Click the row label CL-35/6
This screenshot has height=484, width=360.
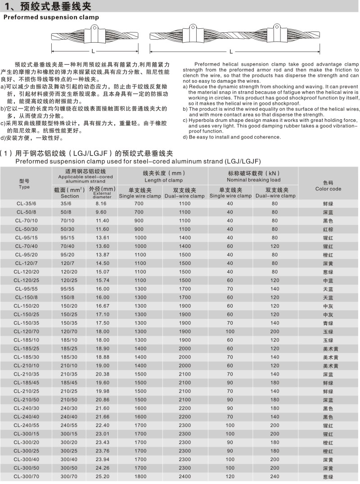24,204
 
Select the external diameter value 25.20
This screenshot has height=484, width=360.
103,476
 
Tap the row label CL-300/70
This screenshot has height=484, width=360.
24,476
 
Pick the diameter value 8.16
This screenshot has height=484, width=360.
103,204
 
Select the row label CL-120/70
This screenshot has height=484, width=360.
24,331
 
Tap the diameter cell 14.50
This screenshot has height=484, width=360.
103,263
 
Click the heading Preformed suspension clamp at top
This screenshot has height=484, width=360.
51,18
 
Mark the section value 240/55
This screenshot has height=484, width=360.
69,425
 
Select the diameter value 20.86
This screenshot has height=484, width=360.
103,399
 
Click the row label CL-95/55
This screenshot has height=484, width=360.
24,289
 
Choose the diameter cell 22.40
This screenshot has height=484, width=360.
103,425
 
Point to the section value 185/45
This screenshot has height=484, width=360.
69,383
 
